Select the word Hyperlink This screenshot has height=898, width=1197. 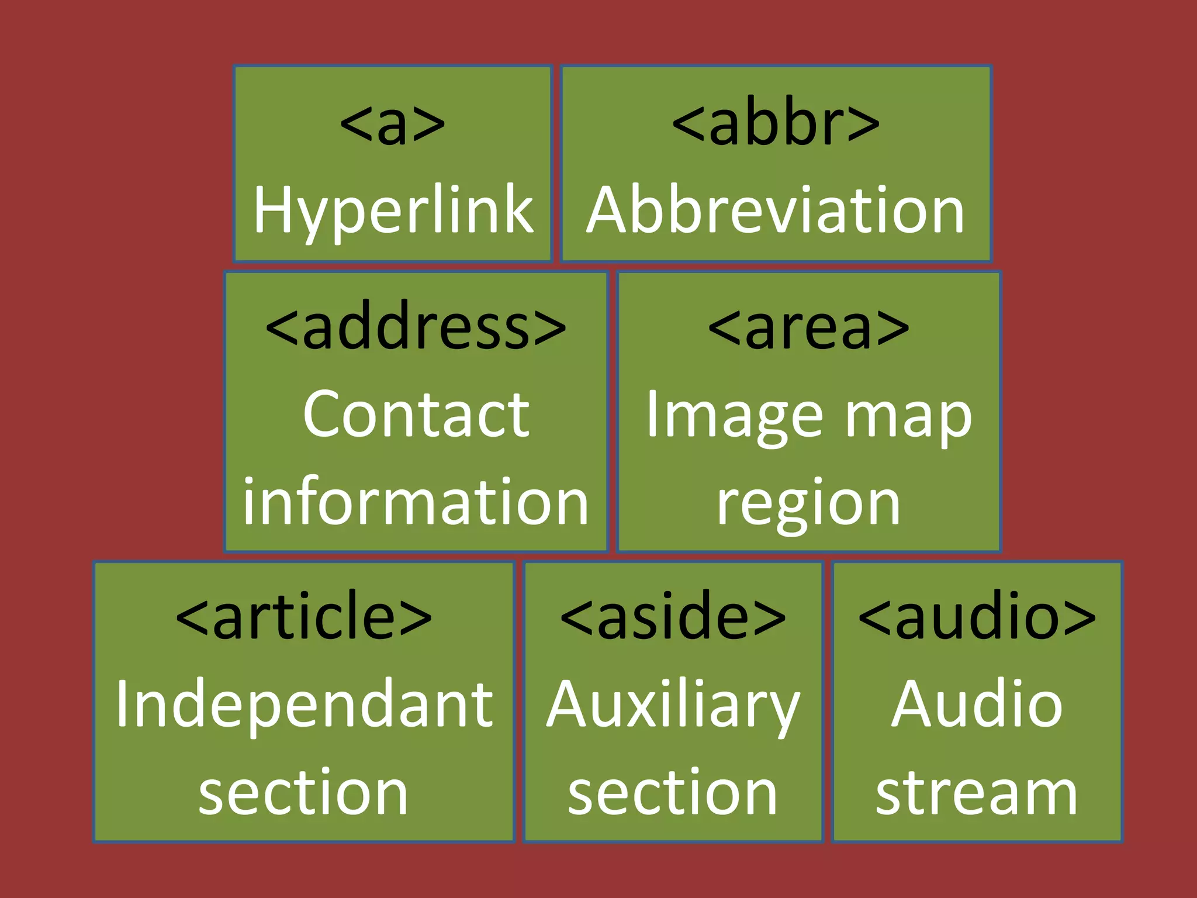[393, 210]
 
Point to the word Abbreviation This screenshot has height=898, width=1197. [775, 210]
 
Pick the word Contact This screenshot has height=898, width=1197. [416, 415]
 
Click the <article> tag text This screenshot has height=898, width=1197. [303, 616]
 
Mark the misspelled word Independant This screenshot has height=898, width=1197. [304, 704]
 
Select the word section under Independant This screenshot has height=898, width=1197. [303, 792]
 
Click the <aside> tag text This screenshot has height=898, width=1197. [673, 616]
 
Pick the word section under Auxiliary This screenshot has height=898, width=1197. [673, 792]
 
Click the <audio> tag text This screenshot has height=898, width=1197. [977, 616]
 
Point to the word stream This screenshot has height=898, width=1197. [977, 792]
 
